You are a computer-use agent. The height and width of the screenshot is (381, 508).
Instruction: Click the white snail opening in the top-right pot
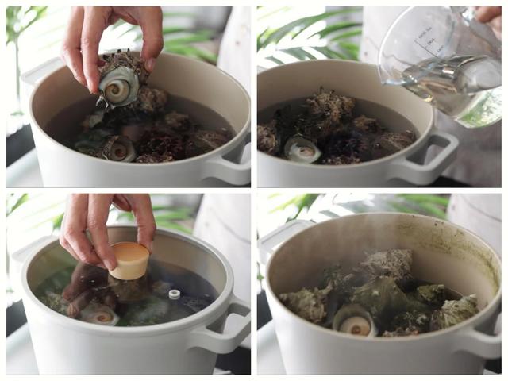pyautogui.click(x=302, y=148)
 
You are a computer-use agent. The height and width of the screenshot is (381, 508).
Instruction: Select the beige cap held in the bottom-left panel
pyautogui.click(x=129, y=260)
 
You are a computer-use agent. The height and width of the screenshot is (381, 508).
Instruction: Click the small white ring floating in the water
pyautogui.click(x=175, y=294)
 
